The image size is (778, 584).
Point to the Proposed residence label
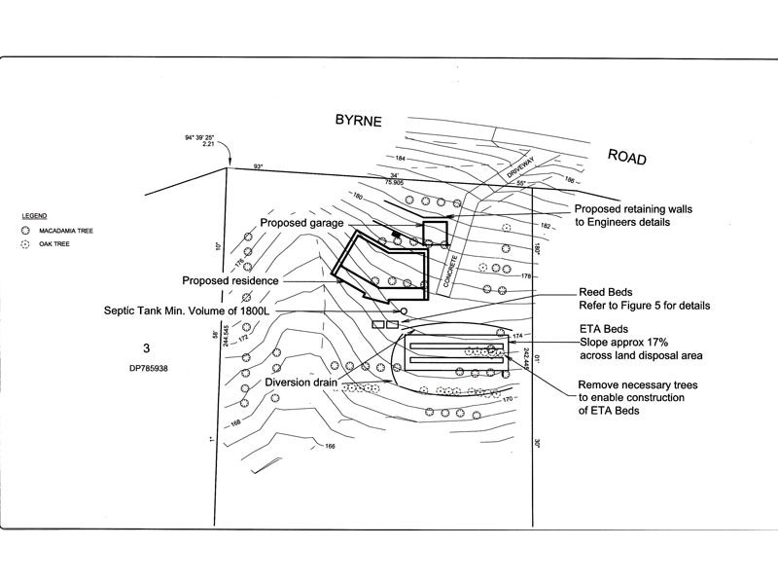point(230,280)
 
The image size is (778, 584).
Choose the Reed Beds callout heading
point(607,292)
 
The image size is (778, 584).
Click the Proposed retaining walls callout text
point(636,208)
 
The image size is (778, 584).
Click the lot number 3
point(147,347)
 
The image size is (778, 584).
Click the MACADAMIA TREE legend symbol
point(26,232)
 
